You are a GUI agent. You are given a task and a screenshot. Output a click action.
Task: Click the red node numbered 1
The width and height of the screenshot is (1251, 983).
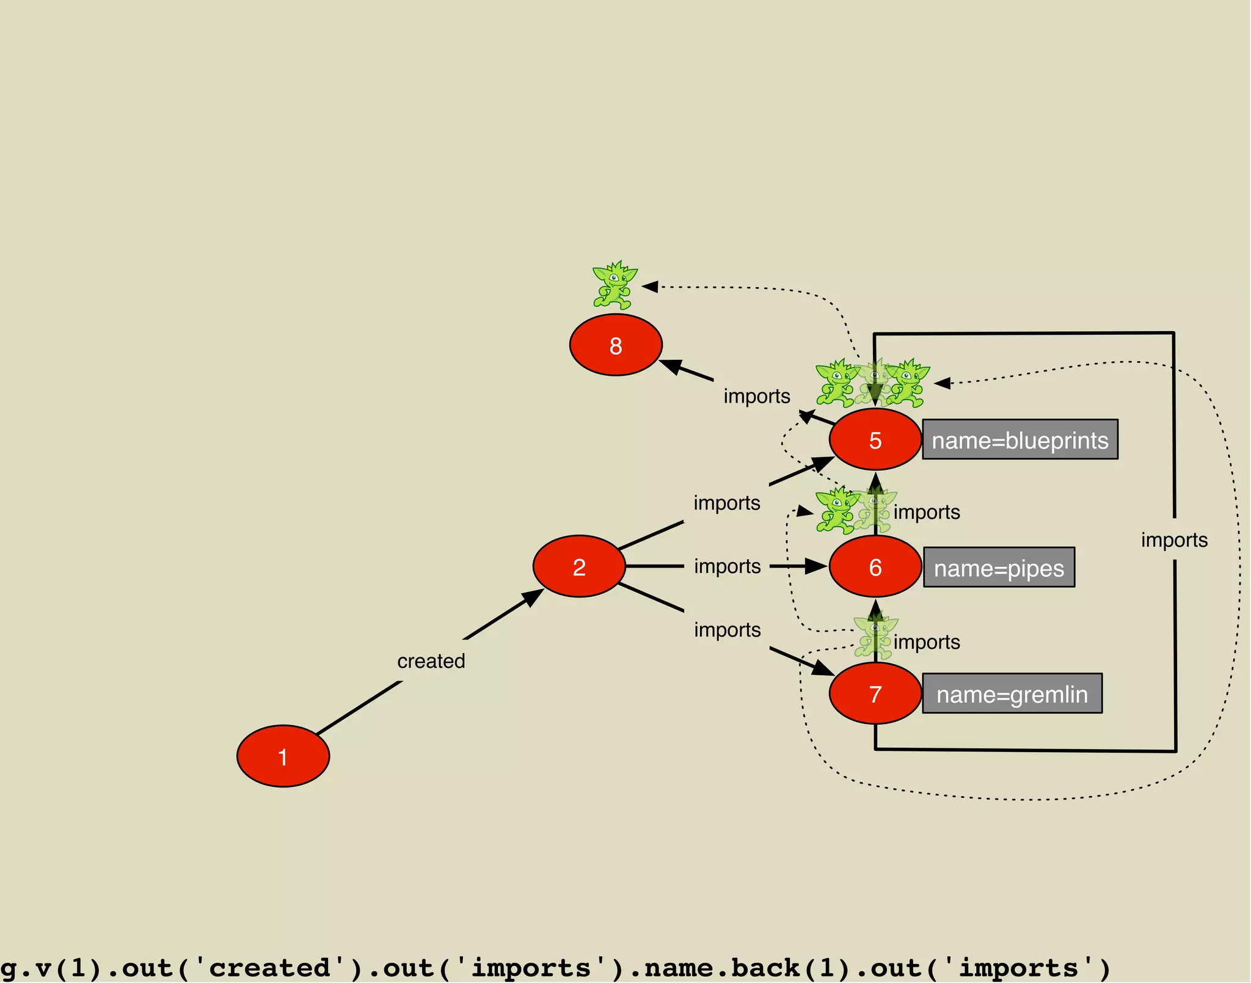click(x=283, y=756)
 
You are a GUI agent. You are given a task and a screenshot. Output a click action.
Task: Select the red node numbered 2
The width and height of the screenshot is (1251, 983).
click(x=579, y=566)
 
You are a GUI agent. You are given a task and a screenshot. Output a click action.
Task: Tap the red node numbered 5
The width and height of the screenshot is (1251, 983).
click(x=875, y=439)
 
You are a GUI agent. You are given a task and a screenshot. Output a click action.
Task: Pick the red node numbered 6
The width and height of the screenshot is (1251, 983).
click(x=875, y=566)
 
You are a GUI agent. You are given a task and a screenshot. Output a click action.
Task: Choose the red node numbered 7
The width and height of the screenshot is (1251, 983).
click(x=875, y=693)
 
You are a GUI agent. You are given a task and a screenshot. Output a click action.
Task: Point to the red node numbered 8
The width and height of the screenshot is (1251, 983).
click(x=616, y=345)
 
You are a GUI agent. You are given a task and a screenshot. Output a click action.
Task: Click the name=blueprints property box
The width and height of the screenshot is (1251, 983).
click(x=1019, y=439)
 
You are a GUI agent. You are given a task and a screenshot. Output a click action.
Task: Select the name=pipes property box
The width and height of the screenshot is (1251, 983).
click(x=999, y=568)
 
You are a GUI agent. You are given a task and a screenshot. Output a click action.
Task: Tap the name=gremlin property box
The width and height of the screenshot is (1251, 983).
click(x=1012, y=693)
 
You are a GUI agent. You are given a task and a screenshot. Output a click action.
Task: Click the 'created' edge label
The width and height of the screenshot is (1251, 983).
click(x=431, y=661)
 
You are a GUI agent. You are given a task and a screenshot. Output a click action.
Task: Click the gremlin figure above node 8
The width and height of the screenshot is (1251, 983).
click(x=615, y=285)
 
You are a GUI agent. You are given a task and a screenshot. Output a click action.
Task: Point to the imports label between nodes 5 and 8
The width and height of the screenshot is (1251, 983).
click(x=757, y=396)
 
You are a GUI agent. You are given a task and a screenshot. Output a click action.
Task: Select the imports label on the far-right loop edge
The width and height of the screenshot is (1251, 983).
click(x=1174, y=540)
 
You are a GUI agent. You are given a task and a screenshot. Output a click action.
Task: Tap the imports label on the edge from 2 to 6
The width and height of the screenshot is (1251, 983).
click(x=727, y=566)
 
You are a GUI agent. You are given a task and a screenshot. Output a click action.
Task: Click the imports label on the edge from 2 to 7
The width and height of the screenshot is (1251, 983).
click(x=727, y=630)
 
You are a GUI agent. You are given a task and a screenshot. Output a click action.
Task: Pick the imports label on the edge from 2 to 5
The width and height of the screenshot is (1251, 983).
click(x=726, y=503)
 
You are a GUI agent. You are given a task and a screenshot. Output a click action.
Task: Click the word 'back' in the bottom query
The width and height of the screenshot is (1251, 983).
click(x=765, y=968)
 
